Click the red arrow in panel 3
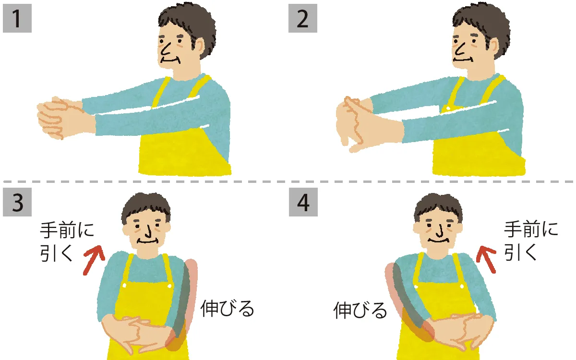[93, 260]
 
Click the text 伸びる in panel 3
[227, 309]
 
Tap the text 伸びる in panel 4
[360, 311]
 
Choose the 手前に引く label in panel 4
[531, 240]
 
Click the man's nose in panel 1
[166, 48]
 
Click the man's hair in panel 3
[146, 206]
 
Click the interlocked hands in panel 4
[456, 329]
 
